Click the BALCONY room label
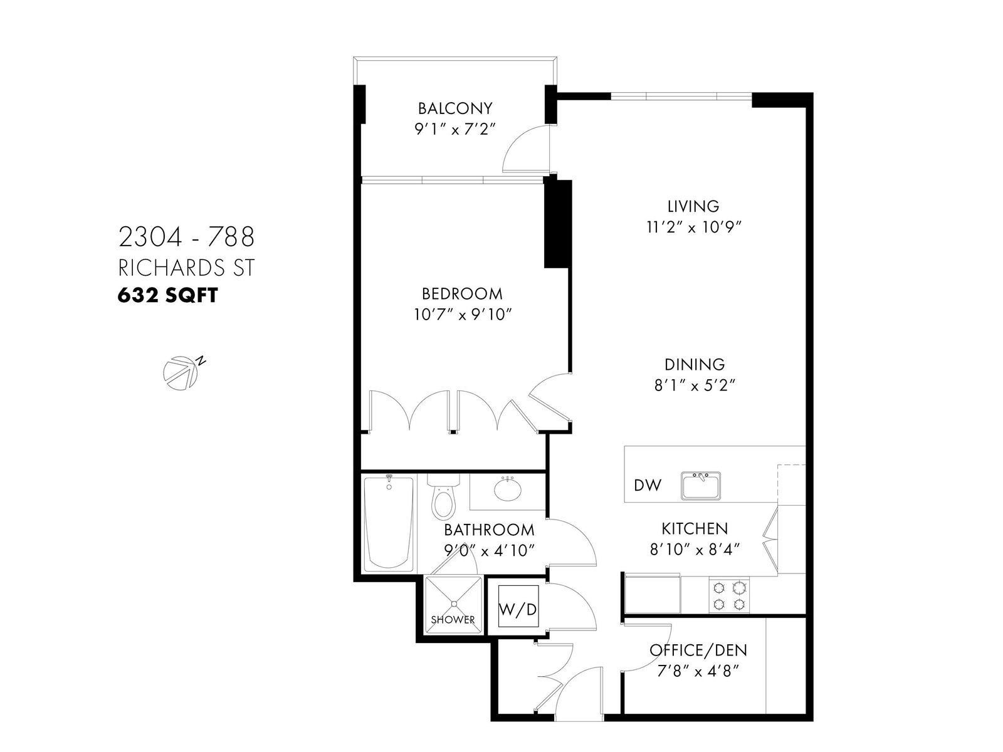455,108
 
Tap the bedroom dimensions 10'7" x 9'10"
462,315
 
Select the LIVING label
693,206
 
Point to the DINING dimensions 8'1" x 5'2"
695,386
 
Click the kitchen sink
700,486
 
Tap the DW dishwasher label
648,485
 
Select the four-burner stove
729,595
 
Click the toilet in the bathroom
443,497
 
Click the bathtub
389,524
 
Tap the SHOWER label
453,620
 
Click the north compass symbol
181,373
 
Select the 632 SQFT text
168,296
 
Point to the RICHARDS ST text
186,268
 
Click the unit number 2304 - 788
186,237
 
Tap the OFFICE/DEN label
698,650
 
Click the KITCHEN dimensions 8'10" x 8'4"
695,550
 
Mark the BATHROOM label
489,530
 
